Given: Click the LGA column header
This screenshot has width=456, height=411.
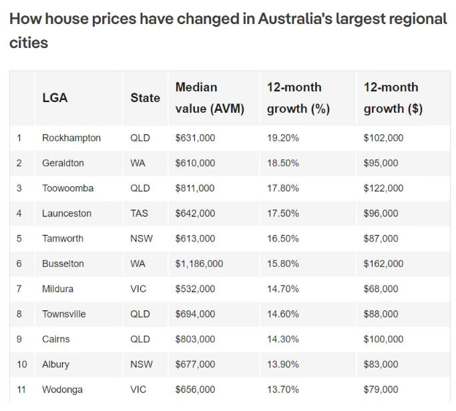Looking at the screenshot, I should click(x=55, y=97).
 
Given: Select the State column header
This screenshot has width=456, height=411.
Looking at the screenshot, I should click(x=145, y=97).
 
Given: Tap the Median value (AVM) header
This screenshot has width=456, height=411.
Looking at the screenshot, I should click(x=210, y=97).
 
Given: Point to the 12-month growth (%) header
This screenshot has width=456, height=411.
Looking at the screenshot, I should click(x=298, y=97).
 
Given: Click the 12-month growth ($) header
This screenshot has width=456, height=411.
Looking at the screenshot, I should click(x=393, y=97).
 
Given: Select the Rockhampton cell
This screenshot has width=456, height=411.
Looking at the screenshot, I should click(x=71, y=138).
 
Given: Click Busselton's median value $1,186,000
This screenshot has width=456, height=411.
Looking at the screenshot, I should click(x=199, y=264).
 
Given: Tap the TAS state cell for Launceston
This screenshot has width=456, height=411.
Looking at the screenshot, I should click(x=139, y=214).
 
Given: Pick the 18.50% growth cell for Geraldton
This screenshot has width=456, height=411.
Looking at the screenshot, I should click(x=283, y=163).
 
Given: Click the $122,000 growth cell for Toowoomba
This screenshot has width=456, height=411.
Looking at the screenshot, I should click(x=383, y=188).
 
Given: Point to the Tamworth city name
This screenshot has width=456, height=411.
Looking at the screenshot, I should click(x=63, y=238).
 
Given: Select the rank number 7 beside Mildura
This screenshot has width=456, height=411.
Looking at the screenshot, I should click(x=19, y=289).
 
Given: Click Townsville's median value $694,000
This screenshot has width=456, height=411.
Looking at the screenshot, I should click(x=195, y=314).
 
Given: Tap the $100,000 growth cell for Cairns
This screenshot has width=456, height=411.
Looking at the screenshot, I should click(x=383, y=339).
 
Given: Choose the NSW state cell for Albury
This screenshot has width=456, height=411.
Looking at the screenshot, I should click(x=142, y=364).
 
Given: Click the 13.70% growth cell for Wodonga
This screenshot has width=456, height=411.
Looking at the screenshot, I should click(x=283, y=390).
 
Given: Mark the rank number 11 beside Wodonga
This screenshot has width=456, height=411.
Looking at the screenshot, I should click(x=21, y=390).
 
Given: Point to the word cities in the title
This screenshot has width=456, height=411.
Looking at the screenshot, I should click(x=29, y=43).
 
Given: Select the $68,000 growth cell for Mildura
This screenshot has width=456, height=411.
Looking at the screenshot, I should click(x=381, y=289).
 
